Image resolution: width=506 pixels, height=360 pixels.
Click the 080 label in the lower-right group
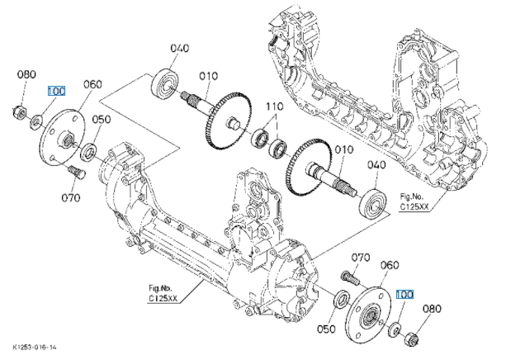[432, 309]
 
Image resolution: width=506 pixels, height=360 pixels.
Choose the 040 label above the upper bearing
[180, 49]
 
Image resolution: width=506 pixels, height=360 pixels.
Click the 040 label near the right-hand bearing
[376, 165]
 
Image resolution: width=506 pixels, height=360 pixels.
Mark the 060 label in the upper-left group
[92, 84]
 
